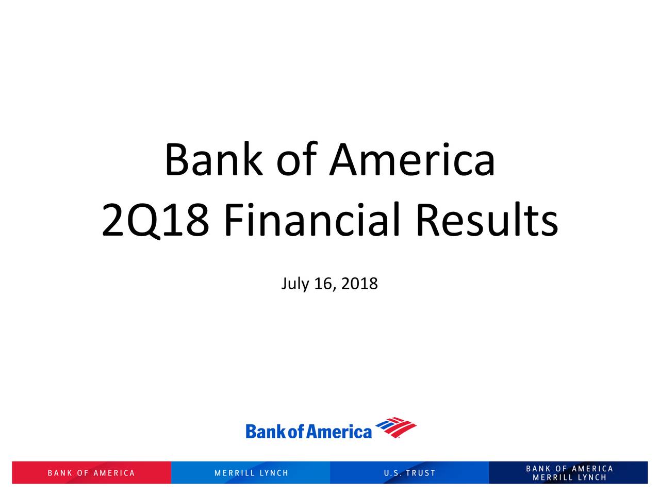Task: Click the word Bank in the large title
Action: coord(214,159)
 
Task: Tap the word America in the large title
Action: coord(412,159)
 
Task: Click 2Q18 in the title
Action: coord(155,220)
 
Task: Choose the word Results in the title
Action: coord(487,220)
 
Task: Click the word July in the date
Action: coord(294,284)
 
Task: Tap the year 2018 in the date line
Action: coord(359,284)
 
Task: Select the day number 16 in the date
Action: coord(323,284)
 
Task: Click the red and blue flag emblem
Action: coord(395,427)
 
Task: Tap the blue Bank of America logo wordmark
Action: coord(308,431)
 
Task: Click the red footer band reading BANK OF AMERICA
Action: coord(91,473)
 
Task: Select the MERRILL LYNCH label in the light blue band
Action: coord(252,473)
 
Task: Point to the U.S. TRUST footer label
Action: coord(409,473)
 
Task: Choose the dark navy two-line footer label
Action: coord(569,473)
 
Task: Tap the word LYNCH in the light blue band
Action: coord(274,473)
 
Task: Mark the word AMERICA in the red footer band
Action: coord(114,473)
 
